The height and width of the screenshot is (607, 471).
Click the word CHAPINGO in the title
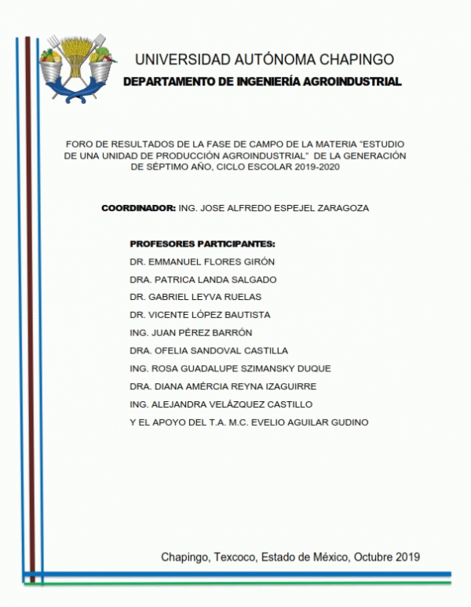(352, 60)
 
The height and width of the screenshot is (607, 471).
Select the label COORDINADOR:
(138, 208)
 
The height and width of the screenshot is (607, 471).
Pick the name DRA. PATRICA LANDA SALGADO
(203, 280)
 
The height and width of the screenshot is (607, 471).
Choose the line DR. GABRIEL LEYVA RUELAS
(195, 297)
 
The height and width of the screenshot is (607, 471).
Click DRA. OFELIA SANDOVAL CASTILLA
(209, 350)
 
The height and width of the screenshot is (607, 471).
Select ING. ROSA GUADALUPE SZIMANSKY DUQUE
(230, 368)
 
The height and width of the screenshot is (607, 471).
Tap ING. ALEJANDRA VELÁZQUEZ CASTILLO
(221, 404)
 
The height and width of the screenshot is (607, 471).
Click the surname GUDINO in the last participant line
(349, 422)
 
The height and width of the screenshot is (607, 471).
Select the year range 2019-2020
(318, 167)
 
